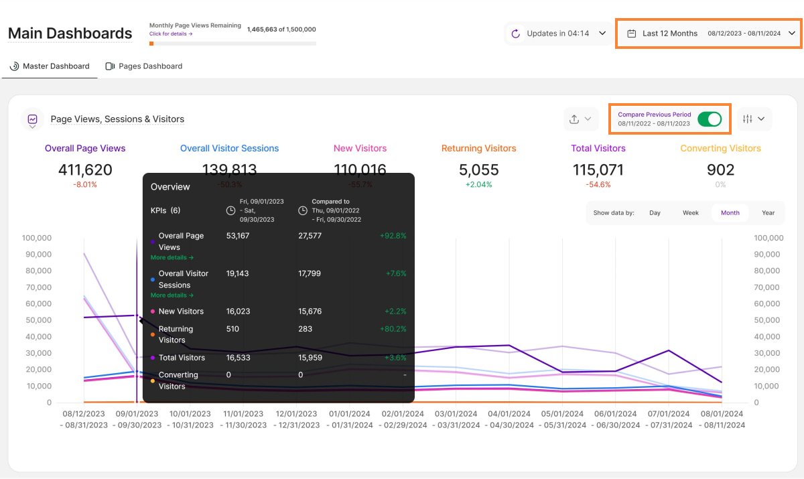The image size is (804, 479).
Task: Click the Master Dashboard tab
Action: pos(50,66)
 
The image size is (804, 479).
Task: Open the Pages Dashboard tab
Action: pos(144,66)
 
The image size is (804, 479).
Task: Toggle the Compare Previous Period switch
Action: pos(710,119)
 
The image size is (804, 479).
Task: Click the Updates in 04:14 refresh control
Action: pos(558,33)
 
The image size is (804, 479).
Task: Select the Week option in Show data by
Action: pos(691,213)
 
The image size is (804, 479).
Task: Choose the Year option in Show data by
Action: pos(768,213)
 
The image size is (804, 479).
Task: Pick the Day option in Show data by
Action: pos(655,213)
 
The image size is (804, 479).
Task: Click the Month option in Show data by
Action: pos(730,213)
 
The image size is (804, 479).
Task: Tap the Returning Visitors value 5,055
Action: pos(479,170)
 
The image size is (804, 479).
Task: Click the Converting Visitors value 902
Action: pos(720,170)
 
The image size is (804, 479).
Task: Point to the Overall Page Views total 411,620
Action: pos(85,170)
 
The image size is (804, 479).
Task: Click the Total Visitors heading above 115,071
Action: pos(598,149)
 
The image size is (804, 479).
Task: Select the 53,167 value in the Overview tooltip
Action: pos(238,236)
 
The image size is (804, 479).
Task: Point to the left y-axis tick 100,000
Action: pos(37,238)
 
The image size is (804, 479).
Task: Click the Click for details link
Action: pos(171,33)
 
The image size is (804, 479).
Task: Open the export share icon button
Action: pos(580,119)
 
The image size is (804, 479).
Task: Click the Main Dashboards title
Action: pos(70,33)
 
